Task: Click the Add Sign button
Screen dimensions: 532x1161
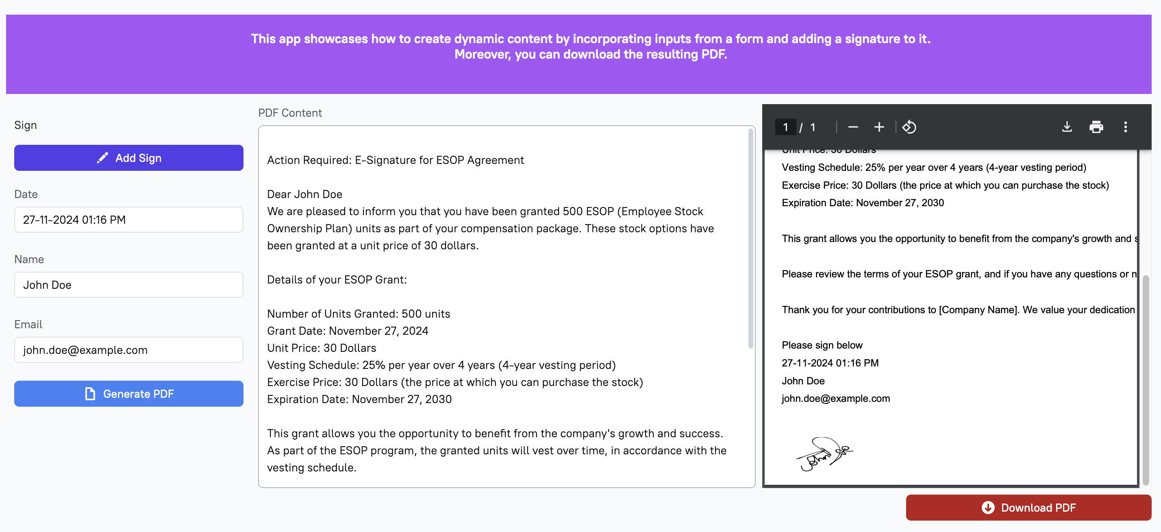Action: click(x=128, y=158)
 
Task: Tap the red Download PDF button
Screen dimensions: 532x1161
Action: click(x=1028, y=508)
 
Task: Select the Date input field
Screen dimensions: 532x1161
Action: click(x=128, y=220)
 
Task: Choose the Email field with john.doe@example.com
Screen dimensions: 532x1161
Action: click(x=128, y=350)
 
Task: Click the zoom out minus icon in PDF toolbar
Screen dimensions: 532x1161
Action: click(x=853, y=127)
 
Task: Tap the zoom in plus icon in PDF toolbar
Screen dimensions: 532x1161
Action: click(x=879, y=127)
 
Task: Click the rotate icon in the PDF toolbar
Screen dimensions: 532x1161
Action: click(x=909, y=127)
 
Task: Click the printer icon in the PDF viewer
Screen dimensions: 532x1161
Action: click(x=1096, y=127)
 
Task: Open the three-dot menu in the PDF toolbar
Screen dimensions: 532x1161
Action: click(x=1125, y=127)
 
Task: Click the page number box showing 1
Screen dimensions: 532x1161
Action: click(x=785, y=127)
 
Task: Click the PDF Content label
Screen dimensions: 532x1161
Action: click(x=290, y=113)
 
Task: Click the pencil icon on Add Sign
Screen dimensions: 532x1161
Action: click(x=103, y=158)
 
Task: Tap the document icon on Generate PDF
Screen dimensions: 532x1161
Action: click(x=90, y=394)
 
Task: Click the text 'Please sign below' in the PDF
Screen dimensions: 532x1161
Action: click(x=822, y=345)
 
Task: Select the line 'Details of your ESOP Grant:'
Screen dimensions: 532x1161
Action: click(x=337, y=279)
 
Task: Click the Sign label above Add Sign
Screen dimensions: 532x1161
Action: click(x=25, y=125)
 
